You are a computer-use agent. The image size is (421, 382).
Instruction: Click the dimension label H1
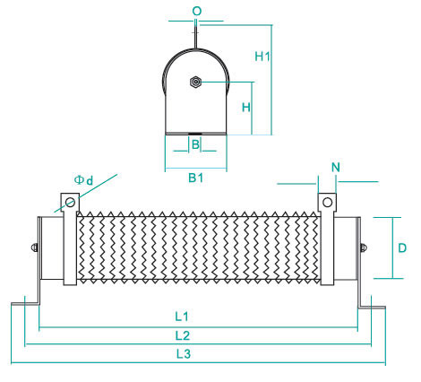262,56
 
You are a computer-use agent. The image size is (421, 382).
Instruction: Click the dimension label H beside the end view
246,107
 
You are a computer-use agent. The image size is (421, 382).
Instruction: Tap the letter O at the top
197,12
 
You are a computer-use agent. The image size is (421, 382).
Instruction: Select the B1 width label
196,178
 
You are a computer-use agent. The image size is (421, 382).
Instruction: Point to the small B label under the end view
195,144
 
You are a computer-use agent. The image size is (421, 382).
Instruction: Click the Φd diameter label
83,180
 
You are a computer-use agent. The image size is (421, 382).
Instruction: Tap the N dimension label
336,168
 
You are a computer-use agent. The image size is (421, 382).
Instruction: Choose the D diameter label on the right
402,247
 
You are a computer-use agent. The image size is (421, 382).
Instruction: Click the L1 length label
182,317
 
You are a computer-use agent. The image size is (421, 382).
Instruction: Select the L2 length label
183,335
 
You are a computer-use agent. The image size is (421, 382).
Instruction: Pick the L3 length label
183,354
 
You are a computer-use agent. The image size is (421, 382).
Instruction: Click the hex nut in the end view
195,82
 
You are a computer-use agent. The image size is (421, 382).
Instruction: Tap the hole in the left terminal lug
70,203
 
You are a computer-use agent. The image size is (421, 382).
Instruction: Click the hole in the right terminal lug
328,203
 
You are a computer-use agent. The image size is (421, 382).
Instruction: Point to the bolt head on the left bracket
34,247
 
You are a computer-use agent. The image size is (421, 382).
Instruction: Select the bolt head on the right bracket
364,247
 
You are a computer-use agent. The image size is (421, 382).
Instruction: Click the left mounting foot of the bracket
25,304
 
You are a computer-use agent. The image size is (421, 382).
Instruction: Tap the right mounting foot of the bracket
372,308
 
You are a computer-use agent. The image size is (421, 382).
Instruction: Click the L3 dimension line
198,363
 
